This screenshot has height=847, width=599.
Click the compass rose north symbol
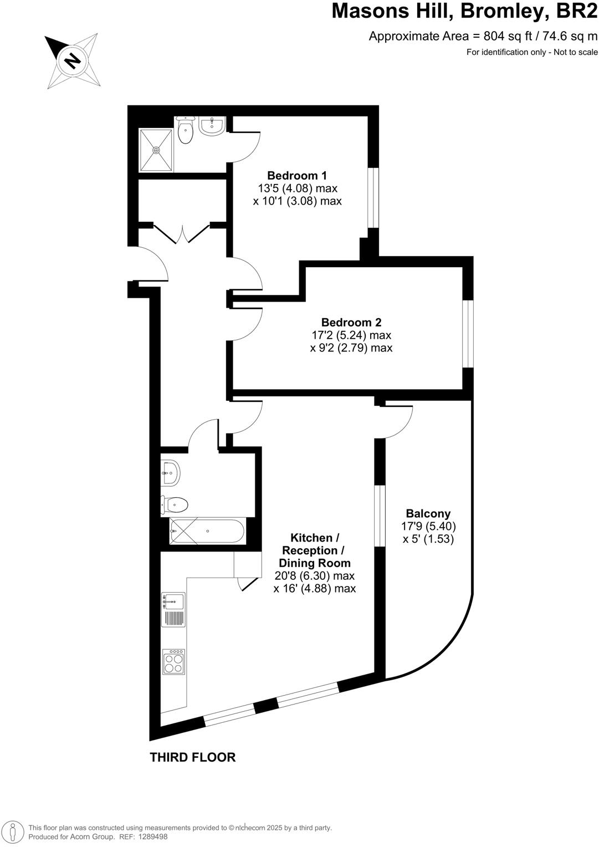pyautogui.click(x=73, y=60)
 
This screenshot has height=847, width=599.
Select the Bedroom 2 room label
pyautogui.click(x=351, y=322)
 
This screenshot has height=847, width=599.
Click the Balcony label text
pyautogui.click(x=428, y=513)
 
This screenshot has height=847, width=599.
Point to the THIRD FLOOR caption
pyautogui.click(x=192, y=757)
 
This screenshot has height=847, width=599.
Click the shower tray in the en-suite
pyautogui.click(x=156, y=150)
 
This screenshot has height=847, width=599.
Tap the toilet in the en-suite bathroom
pyautogui.click(x=185, y=130)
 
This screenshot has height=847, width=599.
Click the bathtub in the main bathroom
pyautogui.click(x=207, y=531)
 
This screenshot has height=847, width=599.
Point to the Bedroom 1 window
pyautogui.click(x=375, y=197)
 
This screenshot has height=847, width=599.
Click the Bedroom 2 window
pyautogui.click(x=469, y=334)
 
